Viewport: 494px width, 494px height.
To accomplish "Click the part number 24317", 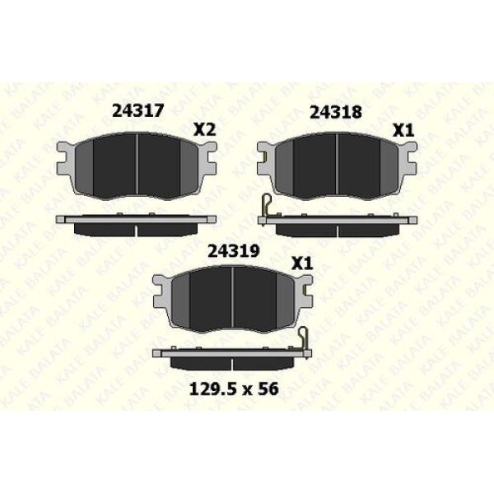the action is (138, 110).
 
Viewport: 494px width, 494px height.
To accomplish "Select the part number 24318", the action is (336, 112).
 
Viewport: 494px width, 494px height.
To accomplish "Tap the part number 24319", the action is (234, 251).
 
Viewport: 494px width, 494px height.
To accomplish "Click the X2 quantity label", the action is (205, 129).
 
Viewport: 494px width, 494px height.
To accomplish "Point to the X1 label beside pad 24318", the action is (403, 130).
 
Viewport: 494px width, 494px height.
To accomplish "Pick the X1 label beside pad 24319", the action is (302, 263).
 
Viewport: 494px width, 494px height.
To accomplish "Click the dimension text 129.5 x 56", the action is (234, 389).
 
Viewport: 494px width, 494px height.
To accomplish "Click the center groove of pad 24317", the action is (138, 166).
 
